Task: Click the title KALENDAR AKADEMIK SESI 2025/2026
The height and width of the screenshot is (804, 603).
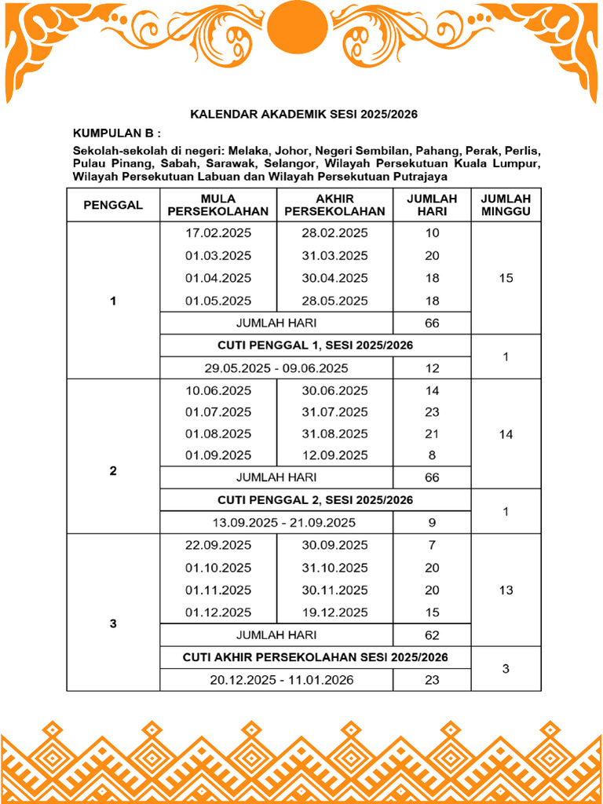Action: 304,115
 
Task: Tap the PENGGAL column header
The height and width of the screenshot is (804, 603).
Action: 113,205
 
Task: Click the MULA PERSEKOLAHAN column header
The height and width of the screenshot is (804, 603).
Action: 217,205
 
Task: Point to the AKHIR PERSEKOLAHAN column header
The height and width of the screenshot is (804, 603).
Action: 334,205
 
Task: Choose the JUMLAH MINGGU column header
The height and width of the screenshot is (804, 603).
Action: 506,205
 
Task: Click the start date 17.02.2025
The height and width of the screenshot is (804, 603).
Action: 218,233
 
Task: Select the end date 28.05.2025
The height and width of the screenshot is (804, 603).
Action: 334,301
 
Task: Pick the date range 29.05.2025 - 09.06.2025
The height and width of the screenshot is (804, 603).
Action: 276,368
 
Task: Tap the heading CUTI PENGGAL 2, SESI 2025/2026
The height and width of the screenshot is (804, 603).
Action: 315,500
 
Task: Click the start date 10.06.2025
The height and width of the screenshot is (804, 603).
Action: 218,391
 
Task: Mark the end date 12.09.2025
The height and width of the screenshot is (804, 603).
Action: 334,455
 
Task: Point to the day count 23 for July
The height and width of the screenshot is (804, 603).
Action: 432,412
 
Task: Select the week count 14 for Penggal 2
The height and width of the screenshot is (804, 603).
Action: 506,433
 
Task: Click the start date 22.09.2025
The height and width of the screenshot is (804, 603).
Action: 218,546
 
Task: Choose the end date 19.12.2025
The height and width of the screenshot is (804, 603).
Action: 334,612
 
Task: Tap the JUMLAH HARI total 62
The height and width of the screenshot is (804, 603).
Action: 432,635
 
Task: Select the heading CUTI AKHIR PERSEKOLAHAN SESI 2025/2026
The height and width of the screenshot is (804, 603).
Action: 315,657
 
